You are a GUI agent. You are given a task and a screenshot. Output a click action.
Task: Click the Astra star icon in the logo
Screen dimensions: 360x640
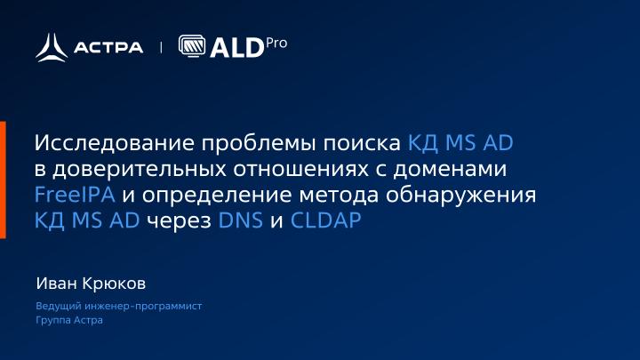click(x=52, y=46)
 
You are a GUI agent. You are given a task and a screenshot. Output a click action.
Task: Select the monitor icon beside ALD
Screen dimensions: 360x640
click(x=192, y=46)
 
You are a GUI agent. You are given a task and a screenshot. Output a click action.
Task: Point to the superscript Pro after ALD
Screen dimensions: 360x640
click(x=276, y=42)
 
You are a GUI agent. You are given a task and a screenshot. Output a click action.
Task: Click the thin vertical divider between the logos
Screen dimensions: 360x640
click(x=161, y=47)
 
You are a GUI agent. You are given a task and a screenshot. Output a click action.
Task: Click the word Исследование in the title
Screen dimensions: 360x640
click(x=115, y=143)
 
